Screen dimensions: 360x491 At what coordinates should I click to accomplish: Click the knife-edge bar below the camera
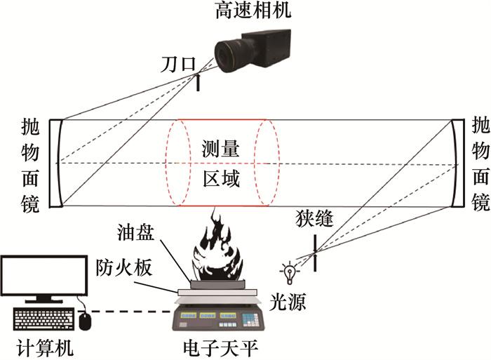click(x=199, y=83)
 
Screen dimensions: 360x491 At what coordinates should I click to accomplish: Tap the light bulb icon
click(x=287, y=269)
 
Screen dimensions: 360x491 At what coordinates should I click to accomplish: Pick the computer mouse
click(x=86, y=320)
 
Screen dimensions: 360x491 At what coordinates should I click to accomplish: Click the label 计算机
click(x=44, y=347)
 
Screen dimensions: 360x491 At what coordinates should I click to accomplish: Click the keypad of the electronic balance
click(x=250, y=319)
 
